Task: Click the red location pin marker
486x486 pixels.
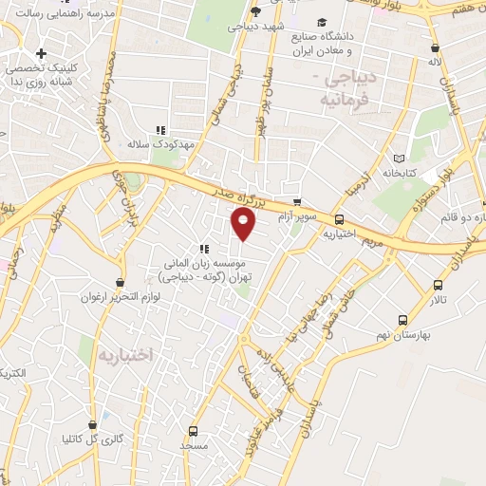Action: coord(244,224)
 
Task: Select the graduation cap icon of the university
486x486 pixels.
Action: coord(323,22)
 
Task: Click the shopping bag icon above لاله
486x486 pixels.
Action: coord(436,47)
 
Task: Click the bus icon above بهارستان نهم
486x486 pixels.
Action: coord(403,320)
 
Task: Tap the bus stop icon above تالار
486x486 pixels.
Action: coord(438,284)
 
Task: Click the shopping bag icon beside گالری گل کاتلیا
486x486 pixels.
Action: coord(92,424)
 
